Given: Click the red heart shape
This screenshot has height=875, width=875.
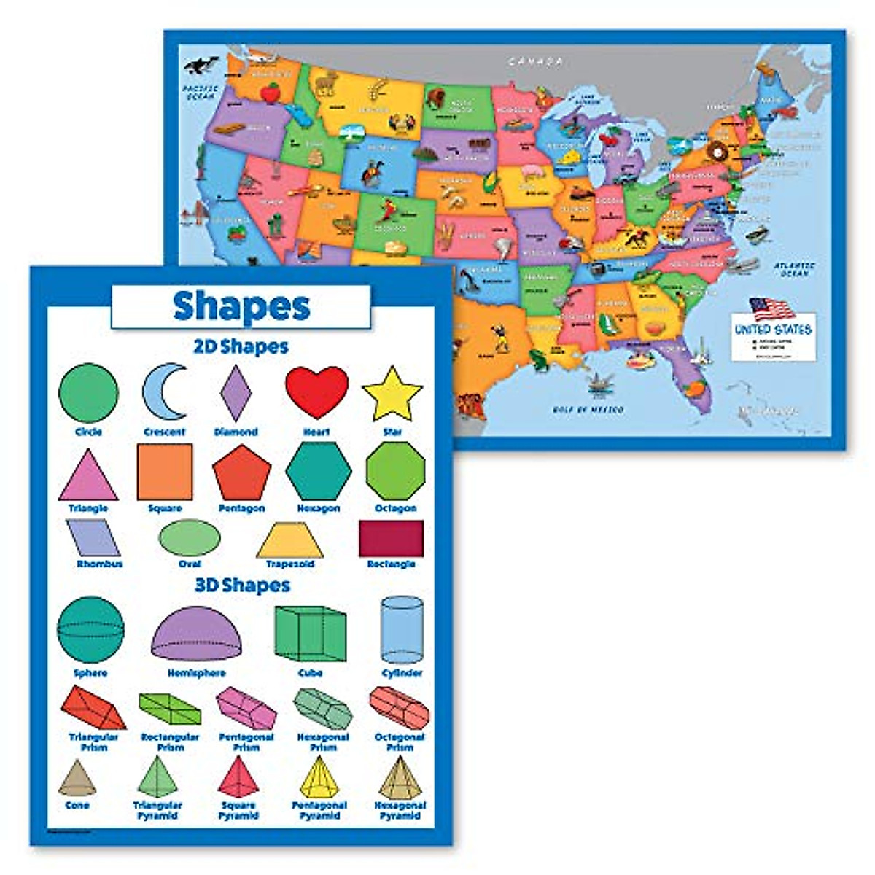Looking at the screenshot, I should [316, 392].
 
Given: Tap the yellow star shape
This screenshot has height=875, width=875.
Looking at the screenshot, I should [392, 395].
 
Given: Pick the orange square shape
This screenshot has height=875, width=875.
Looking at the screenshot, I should [165, 472].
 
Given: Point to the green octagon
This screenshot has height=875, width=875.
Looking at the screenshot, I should [395, 471].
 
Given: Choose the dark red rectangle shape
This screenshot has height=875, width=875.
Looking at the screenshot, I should [391, 539].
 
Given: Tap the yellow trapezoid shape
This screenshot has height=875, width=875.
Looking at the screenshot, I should [289, 540].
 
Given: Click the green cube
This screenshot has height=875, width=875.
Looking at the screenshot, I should [310, 633].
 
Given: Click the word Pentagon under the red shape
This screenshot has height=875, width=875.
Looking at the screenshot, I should [241, 508].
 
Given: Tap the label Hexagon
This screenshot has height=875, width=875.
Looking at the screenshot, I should [319, 508].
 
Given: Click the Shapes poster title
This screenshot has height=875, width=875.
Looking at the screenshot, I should [241, 306].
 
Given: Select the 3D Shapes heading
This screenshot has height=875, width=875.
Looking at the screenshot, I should [242, 586].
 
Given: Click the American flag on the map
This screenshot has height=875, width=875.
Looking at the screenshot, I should [771, 309].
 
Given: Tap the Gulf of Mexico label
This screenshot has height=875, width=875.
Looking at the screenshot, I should [588, 410].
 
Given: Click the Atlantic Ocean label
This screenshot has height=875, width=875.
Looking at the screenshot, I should [794, 269].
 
